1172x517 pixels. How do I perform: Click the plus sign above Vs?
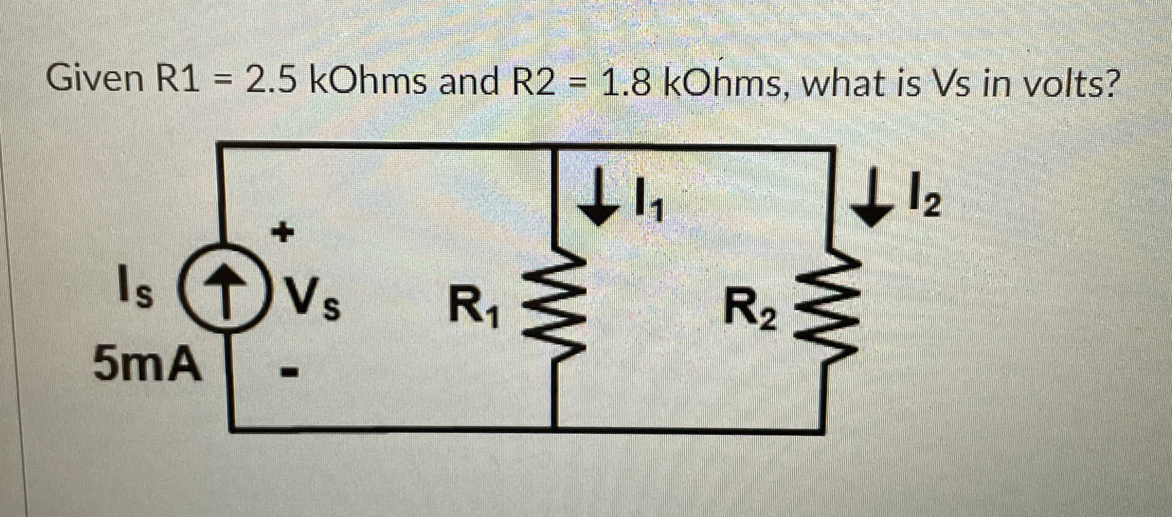[283, 233]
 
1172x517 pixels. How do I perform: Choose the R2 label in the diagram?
[751, 310]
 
